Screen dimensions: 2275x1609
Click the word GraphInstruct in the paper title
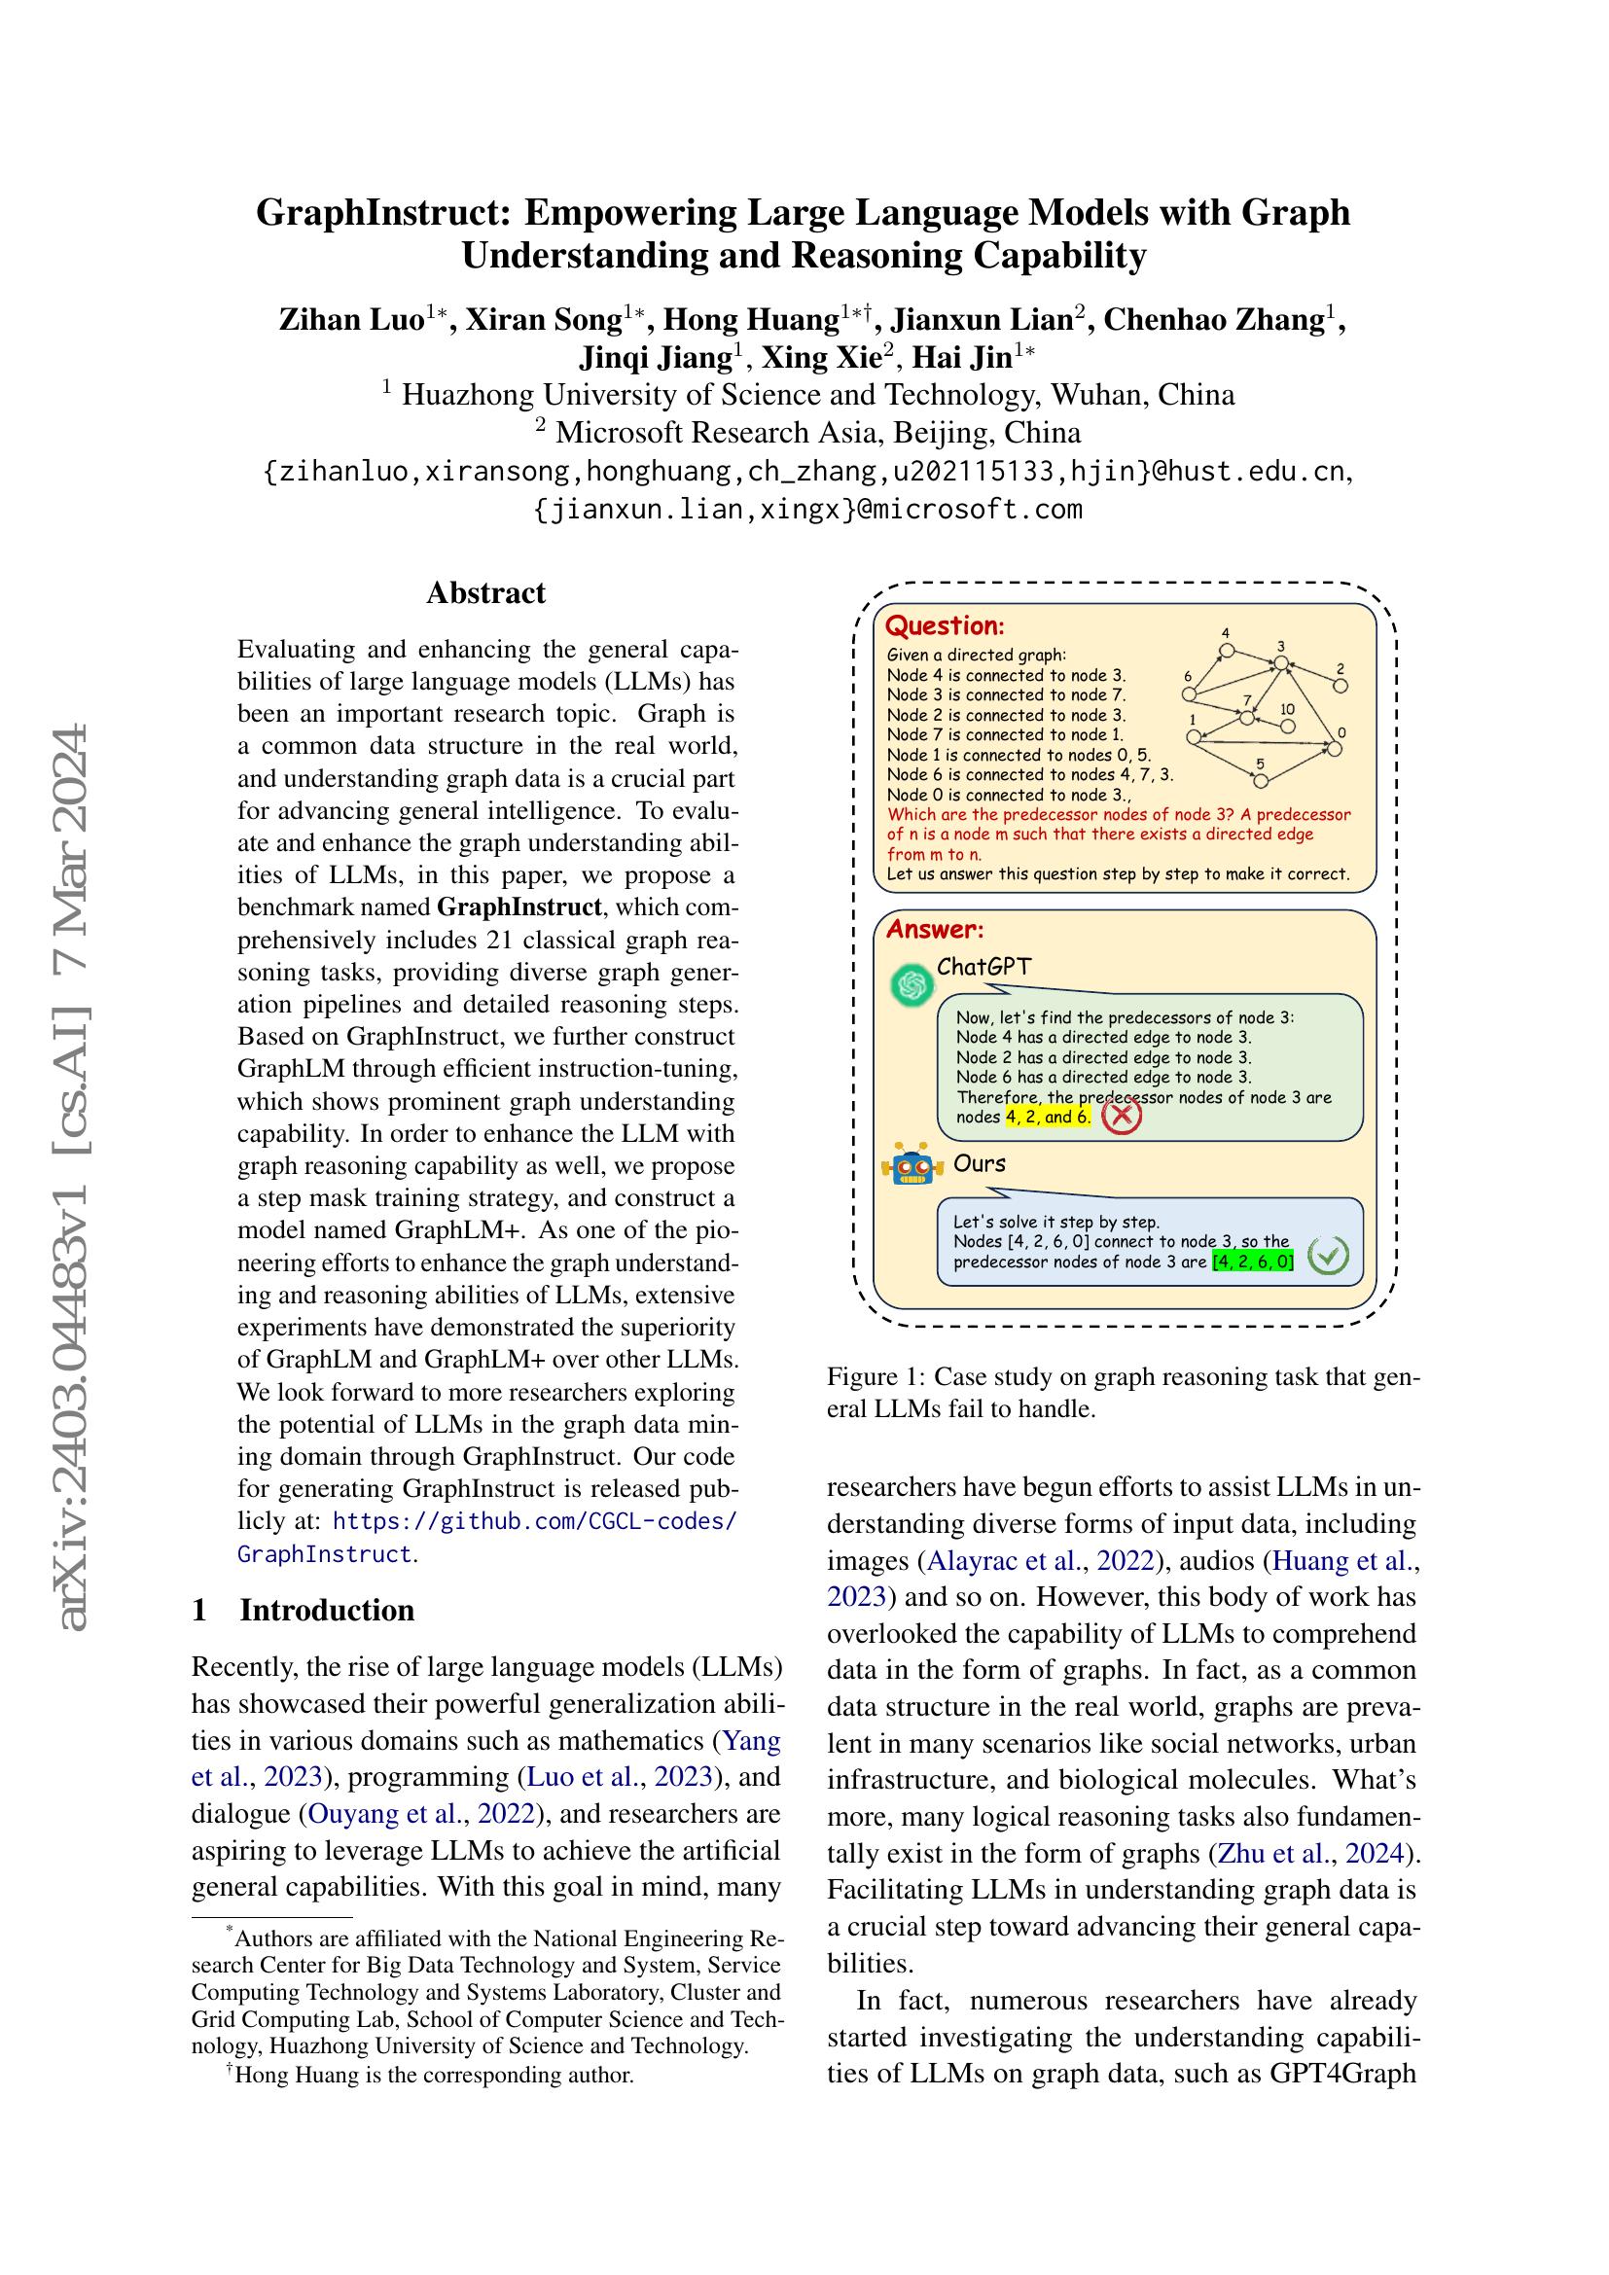pos(383,212)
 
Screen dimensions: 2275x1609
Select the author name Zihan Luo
pos(352,320)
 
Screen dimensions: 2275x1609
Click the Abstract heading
pos(485,592)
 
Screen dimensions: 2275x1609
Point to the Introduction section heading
pos(326,1609)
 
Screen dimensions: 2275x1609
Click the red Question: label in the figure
pos(945,626)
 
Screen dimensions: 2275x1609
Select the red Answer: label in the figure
pos(934,930)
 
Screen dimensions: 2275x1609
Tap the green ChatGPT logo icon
pos(912,985)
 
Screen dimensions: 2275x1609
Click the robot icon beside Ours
pos(912,1166)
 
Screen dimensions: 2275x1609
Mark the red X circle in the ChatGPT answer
pos(1122,1116)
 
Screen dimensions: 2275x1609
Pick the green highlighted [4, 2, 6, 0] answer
pos(1253,1262)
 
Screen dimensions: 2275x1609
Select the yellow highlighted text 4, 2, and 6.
pos(1048,1117)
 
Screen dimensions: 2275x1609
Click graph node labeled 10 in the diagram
pos(1288,727)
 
